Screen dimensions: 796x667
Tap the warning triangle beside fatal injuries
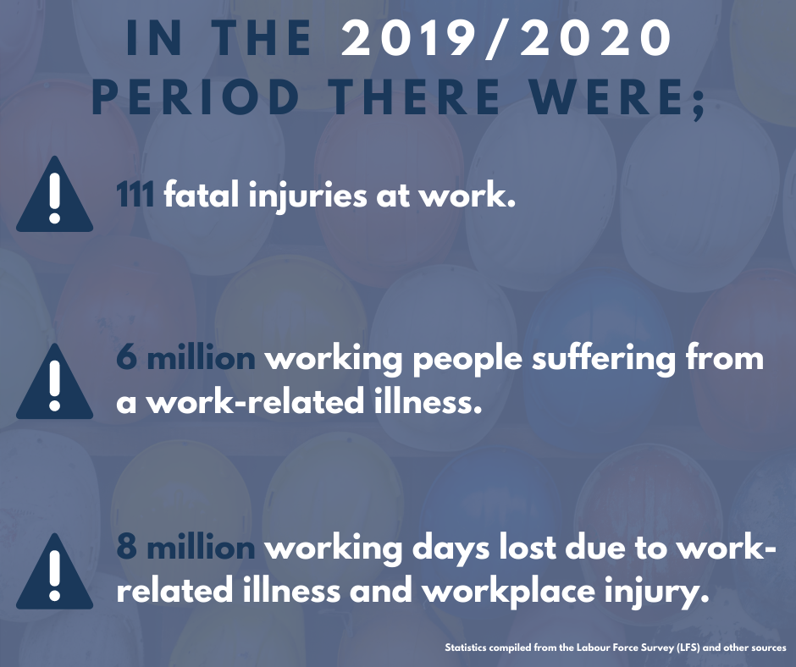pyautogui.click(x=55, y=195)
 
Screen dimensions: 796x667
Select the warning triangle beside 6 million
pyautogui.click(x=55, y=381)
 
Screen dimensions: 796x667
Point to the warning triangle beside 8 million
pyautogui.click(x=55, y=571)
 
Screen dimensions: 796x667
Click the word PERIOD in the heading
pyautogui.click(x=196, y=96)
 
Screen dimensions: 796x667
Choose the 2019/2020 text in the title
pyautogui.click(x=506, y=38)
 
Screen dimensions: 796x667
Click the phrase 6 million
pyautogui.click(x=185, y=358)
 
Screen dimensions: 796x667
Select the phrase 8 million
pyautogui.click(x=185, y=548)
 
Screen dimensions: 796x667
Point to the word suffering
pyautogui.click(x=604, y=359)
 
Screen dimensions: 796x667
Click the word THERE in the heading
pyautogui.click(x=414, y=96)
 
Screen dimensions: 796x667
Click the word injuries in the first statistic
pyautogui.click(x=307, y=196)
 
